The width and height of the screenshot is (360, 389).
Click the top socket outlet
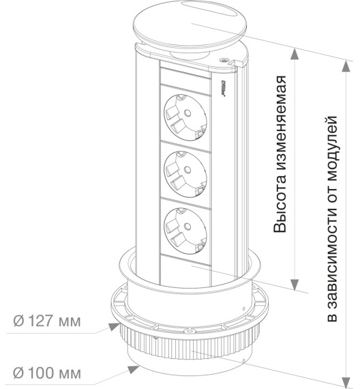[x=185, y=117]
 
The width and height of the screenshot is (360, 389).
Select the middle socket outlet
[x=185, y=174]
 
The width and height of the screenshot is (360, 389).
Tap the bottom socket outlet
[x=185, y=231]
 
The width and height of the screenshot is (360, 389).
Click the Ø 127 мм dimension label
[x=47, y=321]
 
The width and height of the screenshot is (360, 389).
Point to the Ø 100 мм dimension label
[x=47, y=373]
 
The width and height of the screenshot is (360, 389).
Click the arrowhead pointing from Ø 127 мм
[x=115, y=326]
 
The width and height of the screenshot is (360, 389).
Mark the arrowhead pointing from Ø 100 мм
[x=134, y=369]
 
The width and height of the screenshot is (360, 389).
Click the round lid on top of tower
[x=190, y=25]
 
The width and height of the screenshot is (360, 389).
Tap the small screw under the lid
[x=224, y=60]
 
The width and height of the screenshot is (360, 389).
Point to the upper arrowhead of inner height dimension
[x=295, y=55]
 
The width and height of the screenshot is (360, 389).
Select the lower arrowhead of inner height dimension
[x=295, y=285]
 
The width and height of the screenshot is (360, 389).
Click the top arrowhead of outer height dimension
[x=346, y=66]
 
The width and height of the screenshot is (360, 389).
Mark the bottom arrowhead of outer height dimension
[x=346, y=383]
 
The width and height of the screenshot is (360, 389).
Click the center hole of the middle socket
[x=187, y=170]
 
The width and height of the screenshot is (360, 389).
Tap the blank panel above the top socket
[x=185, y=77]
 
